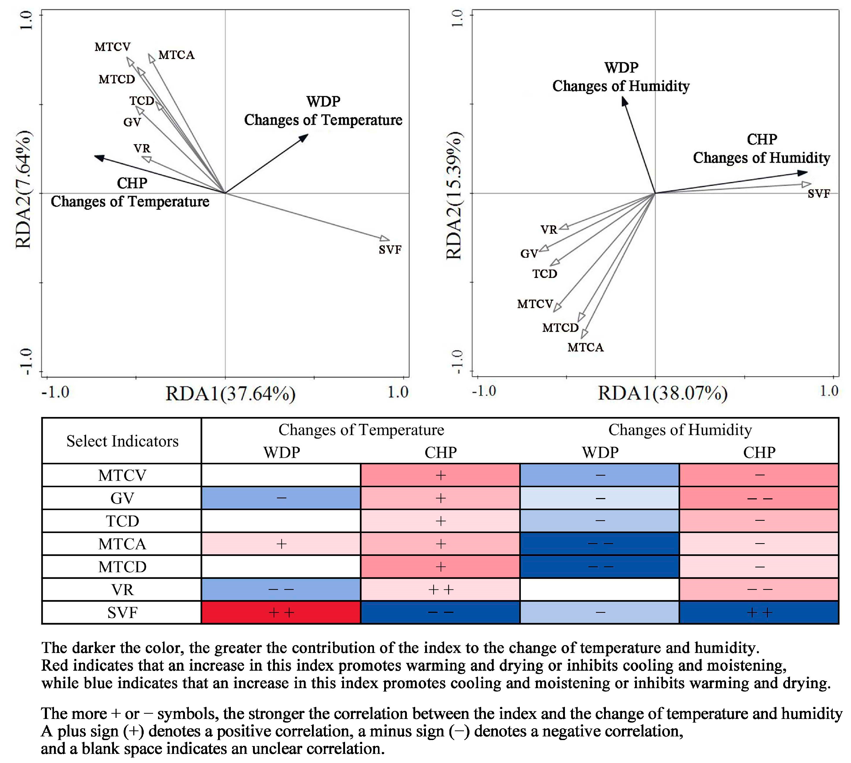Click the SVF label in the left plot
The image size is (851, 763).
(390, 250)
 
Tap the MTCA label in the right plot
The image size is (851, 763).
(585, 348)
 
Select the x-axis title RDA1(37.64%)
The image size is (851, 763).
(230, 394)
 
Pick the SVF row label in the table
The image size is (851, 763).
(122, 613)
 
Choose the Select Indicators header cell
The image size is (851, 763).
(122, 441)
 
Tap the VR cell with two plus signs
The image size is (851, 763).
(440, 589)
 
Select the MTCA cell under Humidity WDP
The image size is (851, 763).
(600, 544)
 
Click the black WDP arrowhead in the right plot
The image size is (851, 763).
(624, 101)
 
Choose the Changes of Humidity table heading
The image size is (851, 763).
(680, 430)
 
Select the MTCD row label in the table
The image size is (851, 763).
(122, 567)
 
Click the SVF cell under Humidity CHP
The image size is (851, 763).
(759, 613)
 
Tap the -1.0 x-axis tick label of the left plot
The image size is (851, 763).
(55, 392)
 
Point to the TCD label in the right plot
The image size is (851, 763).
(545, 274)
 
